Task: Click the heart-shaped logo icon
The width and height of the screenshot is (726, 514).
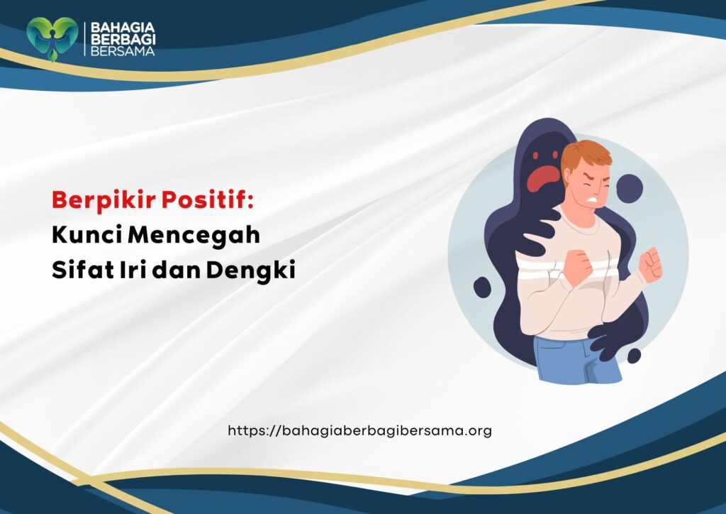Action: (x=52, y=38)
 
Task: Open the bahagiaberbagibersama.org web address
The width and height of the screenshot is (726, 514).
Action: (x=359, y=430)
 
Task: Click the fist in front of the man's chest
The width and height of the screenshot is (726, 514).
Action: (x=576, y=265)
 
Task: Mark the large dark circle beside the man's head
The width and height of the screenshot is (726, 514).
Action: (x=629, y=188)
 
